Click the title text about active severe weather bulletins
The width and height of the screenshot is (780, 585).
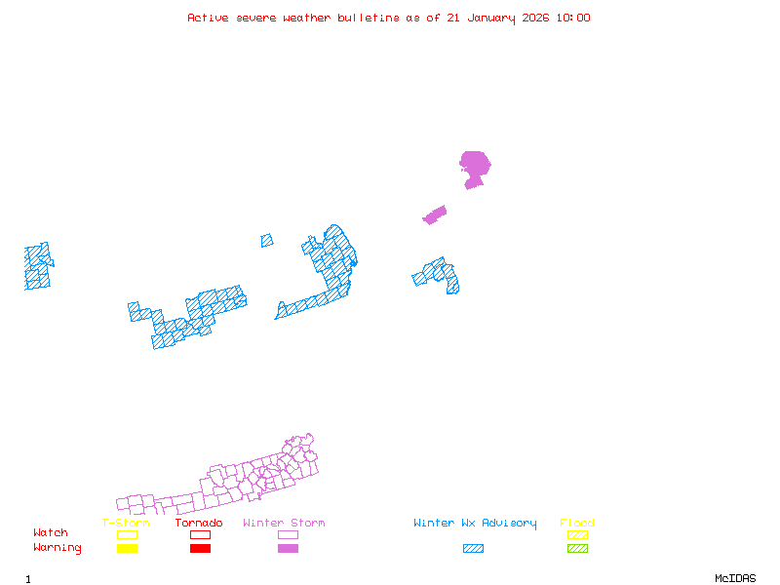coord(388,18)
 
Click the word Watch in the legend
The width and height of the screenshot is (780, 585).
coord(51,533)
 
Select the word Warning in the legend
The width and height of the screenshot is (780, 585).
coord(57,548)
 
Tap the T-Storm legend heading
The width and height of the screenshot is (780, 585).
coord(126,524)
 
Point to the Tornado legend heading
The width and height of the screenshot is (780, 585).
coord(199,524)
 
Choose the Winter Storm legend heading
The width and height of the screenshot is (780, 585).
coord(284,524)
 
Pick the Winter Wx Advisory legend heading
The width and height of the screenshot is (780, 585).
coord(475,524)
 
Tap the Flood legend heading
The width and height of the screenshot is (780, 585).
coord(577,524)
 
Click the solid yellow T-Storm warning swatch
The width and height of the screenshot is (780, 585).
coord(127,549)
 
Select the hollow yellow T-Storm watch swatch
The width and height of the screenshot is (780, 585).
coord(127,534)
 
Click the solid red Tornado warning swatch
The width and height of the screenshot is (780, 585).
coord(200,549)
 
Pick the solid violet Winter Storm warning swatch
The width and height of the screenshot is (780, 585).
coord(288,549)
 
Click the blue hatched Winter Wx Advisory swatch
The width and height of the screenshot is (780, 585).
coord(473,549)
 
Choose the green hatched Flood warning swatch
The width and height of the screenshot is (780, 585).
coord(577,549)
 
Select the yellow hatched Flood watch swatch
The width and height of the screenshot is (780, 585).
coord(577,534)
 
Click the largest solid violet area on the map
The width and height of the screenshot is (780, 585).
coord(475,165)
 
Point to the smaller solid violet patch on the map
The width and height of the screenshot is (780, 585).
coord(435,214)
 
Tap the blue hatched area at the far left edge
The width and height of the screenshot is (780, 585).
coord(38,266)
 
